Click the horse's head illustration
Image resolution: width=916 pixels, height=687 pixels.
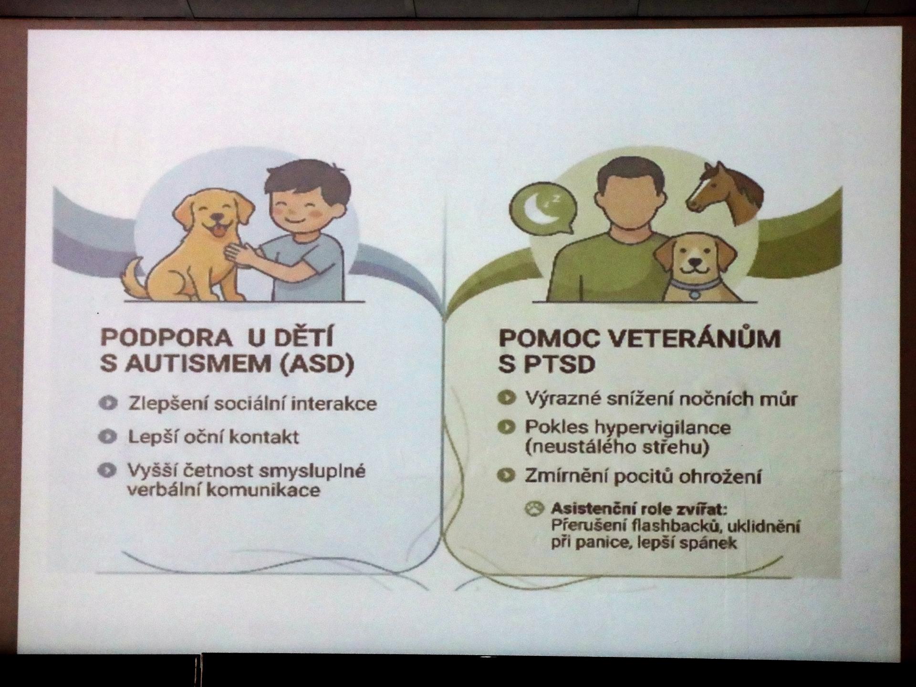coord(725,193)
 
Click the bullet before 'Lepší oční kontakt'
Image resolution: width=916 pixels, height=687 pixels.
coord(108,437)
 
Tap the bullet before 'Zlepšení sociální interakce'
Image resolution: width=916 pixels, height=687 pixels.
coord(108,404)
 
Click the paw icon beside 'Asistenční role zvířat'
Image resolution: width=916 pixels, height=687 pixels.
coord(535,509)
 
